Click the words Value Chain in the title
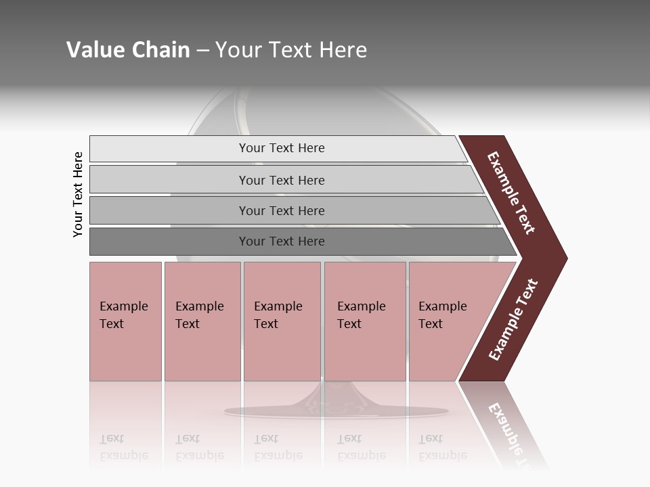pyautogui.click(x=128, y=50)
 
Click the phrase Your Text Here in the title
pyautogui.click(x=291, y=50)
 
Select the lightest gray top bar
pyautogui.click(x=169, y=149)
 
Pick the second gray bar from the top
pyautogui.click(x=169, y=180)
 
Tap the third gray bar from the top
pyautogui.click(x=169, y=210)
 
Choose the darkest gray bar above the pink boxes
pyautogui.click(x=169, y=241)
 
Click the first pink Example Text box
pyautogui.click(x=125, y=321)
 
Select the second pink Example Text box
pyautogui.click(x=202, y=321)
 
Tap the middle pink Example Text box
pyautogui.click(x=282, y=321)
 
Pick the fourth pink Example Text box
pyautogui.click(x=365, y=321)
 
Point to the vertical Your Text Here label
pyautogui.click(x=78, y=194)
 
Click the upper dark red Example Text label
pyautogui.click(x=511, y=193)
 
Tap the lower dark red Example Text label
pyautogui.click(x=513, y=320)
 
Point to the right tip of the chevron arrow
pyautogui.click(x=566, y=258)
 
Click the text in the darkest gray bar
pyautogui.click(x=282, y=241)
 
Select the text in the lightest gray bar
pyautogui.click(x=282, y=148)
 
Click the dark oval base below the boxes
pyautogui.click(x=337, y=411)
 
